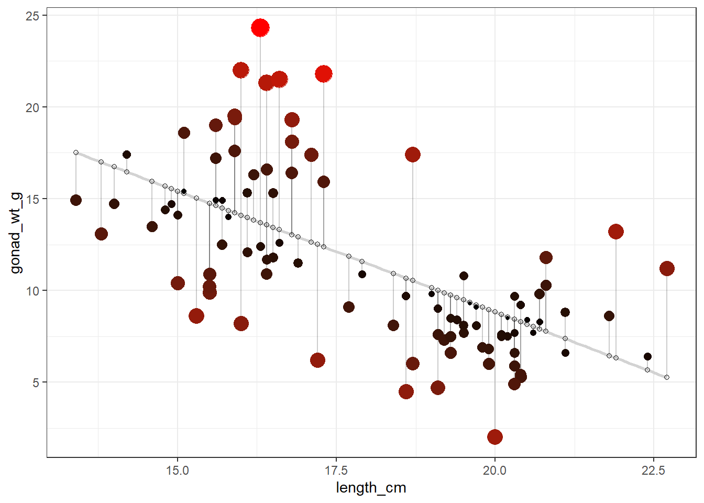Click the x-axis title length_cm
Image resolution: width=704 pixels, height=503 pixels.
coord(371,488)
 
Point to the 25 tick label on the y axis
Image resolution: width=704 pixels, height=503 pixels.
coord(32,16)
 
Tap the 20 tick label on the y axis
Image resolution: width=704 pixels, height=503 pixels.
coord(32,107)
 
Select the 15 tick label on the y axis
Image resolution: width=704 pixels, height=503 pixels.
coord(32,199)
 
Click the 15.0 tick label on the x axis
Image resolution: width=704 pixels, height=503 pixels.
coord(178,471)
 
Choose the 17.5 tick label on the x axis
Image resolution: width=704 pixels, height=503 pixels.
coord(336,471)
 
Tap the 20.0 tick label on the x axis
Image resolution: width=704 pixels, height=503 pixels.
coord(495,471)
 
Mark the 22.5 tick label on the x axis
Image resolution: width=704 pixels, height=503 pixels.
coord(654,471)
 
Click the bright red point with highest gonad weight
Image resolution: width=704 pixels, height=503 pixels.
coord(260,28)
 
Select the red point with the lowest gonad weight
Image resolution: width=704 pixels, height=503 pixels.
coord(495,437)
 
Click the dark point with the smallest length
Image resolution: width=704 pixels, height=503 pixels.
coord(76,200)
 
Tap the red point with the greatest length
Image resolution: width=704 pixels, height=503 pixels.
coord(667,268)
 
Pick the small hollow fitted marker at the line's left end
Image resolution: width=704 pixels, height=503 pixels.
coord(76,152)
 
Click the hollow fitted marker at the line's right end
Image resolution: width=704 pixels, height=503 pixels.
coord(667,377)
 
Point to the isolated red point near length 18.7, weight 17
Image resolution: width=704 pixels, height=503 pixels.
coord(413,155)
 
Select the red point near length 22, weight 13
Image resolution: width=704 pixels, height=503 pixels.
coord(616,232)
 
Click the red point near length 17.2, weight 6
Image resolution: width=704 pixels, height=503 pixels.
coord(317,360)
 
